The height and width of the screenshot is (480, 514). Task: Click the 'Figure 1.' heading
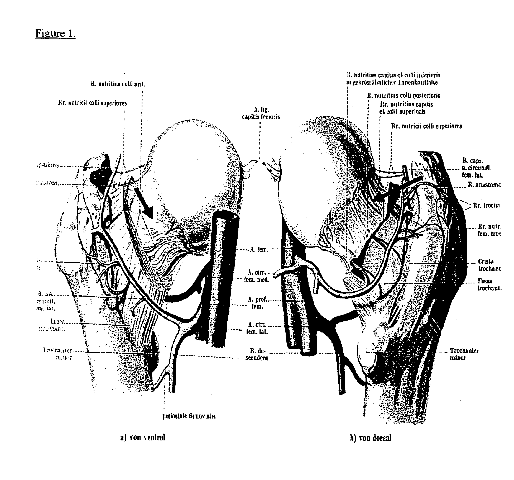[x=55, y=34]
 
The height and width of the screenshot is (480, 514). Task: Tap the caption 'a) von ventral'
[x=142, y=437]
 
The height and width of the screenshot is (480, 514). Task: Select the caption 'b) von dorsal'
[x=371, y=438]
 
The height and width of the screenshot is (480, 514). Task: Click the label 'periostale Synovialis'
[x=189, y=416]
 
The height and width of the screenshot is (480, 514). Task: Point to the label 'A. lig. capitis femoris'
[x=261, y=113]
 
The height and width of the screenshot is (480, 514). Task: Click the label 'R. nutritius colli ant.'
[x=118, y=84]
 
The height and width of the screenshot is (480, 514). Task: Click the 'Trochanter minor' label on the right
[x=464, y=354]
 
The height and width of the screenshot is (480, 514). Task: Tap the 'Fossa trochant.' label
[x=489, y=284]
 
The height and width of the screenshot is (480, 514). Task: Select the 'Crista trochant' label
[x=489, y=265]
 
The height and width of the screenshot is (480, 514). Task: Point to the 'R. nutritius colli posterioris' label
[x=403, y=95]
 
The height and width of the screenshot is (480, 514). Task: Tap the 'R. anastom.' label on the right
[x=484, y=185]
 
